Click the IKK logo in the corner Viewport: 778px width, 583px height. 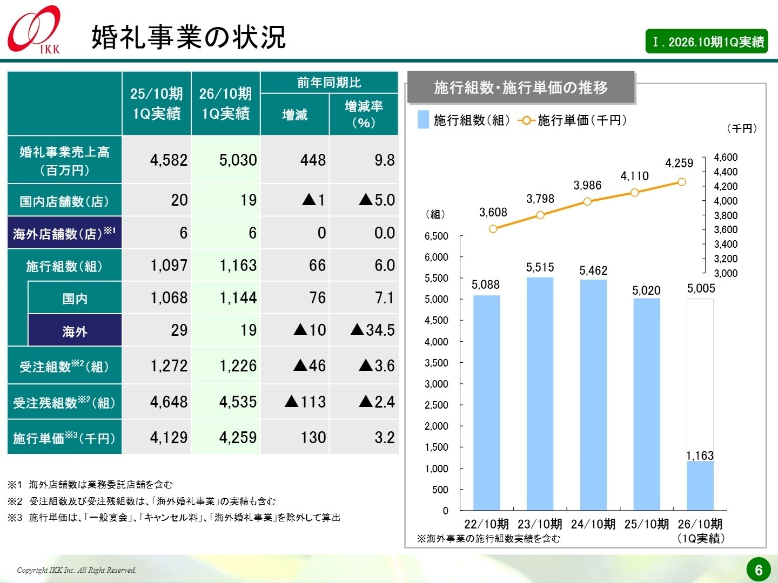[x=34, y=30]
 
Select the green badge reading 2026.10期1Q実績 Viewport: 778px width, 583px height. [x=706, y=42]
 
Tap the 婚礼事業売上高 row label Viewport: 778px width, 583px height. [x=64, y=160]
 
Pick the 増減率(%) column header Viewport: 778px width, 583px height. [x=364, y=114]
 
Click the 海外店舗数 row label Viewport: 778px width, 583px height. [x=64, y=233]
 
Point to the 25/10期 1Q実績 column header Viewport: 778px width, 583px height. [x=157, y=104]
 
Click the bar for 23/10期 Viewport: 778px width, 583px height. [x=540, y=394]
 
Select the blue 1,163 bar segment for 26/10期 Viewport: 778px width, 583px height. [x=700, y=486]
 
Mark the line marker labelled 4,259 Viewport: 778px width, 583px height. [x=681, y=182]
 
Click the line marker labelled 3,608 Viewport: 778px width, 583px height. [x=493, y=229]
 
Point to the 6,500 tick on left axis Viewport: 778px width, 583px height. [x=437, y=236]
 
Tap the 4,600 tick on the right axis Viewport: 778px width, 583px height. [x=725, y=157]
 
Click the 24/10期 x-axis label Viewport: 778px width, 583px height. [x=593, y=524]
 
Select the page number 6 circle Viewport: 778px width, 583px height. [x=759, y=570]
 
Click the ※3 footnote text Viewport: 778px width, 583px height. [x=174, y=518]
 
